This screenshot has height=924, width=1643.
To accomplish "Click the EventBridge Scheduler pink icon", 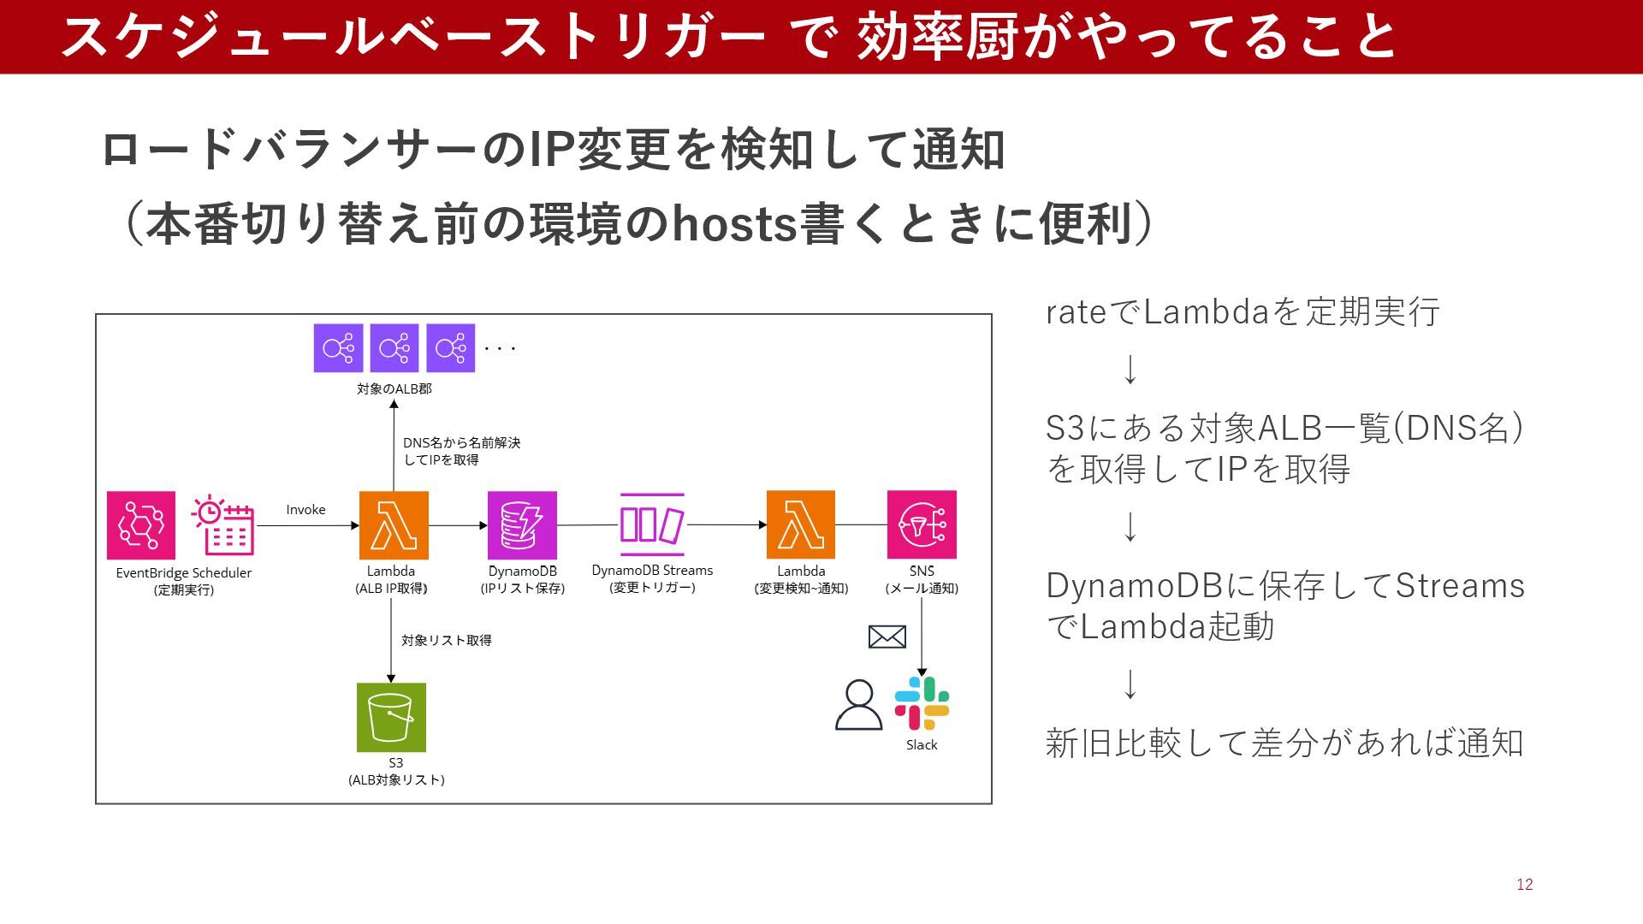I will pyautogui.click(x=141, y=524).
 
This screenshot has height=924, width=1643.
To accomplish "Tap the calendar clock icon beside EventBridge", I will pyautogui.click(x=223, y=524).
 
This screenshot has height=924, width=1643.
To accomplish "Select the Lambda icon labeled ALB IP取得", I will pyautogui.click(x=394, y=524).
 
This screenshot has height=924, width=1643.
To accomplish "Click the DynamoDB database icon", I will pyautogui.click(x=522, y=524).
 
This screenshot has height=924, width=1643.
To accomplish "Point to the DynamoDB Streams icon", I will pyautogui.click(x=652, y=524).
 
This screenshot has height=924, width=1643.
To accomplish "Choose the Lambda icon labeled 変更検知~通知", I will pyautogui.click(x=801, y=524).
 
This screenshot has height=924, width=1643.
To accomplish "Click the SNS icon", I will pyautogui.click(x=922, y=524).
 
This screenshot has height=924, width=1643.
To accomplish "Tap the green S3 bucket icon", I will pyautogui.click(x=391, y=717).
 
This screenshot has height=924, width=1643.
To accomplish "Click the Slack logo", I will pyautogui.click(x=922, y=703).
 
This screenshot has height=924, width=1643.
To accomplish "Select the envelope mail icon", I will pyautogui.click(x=887, y=637).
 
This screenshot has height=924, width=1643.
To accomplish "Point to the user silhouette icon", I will pyautogui.click(x=858, y=705).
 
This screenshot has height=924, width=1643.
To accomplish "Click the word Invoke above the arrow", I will pyautogui.click(x=305, y=510).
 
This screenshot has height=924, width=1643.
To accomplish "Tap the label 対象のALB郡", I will pyautogui.click(x=394, y=389).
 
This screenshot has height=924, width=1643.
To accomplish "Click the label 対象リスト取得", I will pyautogui.click(x=447, y=640).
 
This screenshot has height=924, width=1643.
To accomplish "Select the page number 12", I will pyautogui.click(x=1524, y=885).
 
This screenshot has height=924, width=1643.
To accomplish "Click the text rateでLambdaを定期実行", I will pyautogui.click(x=1243, y=312).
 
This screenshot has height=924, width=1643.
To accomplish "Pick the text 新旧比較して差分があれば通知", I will pyautogui.click(x=1284, y=743).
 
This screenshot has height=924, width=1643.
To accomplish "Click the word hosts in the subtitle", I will pyautogui.click(x=735, y=224).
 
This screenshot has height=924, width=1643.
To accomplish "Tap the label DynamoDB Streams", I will pyautogui.click(x=652, y=571).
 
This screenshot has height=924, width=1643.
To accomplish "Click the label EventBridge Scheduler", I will pyautogui.click(x=184, y=573).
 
